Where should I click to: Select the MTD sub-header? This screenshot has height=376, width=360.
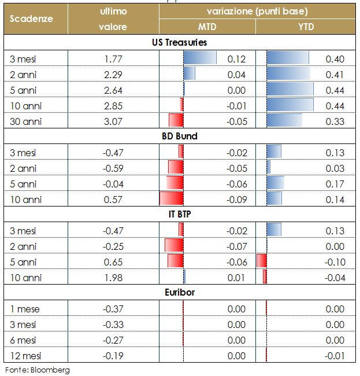pos(208,27)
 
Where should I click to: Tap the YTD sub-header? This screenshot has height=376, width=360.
pos(309,27)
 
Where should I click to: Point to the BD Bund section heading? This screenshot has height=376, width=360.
pos(179,137)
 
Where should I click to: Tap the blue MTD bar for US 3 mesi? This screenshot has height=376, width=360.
pos(200,58)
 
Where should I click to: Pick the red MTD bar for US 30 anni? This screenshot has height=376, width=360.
pos(176,121)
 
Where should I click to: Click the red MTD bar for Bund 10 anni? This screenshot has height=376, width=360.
pos(172,199)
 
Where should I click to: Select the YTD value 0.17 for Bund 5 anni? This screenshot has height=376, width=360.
pos(335,184)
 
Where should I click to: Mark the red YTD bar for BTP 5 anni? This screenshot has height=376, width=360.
pos(262,261)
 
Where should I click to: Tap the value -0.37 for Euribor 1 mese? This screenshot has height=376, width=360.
pos(113,309)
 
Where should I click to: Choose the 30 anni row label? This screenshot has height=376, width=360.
pos(25,121)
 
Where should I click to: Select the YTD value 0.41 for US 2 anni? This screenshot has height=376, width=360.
pos(335,75)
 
